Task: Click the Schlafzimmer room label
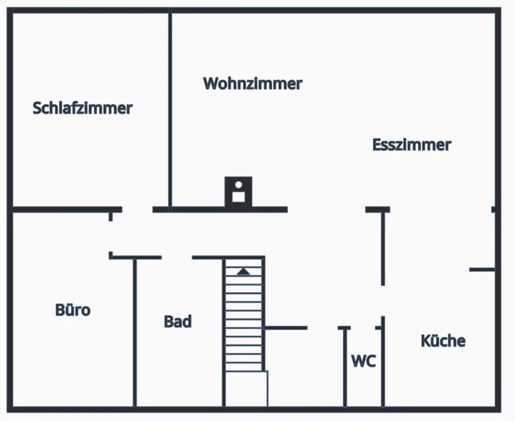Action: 82,108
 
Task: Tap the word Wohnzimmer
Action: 252,83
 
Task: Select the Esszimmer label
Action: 411,145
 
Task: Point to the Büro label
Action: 73,310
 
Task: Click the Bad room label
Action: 178,322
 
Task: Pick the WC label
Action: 364,361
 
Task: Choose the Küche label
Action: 443,341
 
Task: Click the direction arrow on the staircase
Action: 243,272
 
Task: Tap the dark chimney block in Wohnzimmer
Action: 238,192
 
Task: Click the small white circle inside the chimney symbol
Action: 238,184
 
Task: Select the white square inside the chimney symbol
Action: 238,196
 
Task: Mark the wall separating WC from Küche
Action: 383,366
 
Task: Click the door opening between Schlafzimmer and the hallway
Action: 137,210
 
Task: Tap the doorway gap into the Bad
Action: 177,257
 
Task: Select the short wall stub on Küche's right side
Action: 482,270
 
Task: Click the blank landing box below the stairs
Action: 246,389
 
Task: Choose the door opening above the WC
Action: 363,328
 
